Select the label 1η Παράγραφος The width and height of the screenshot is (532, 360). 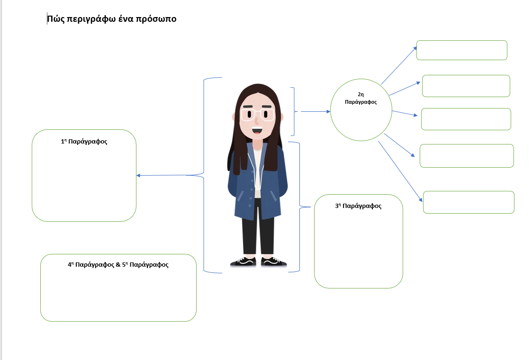pyautogui.click(x=84, y=141)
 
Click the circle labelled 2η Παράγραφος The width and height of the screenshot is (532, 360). pyautogui.click(x=361, y=110)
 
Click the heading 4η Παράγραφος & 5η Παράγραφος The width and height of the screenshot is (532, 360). pyautogui.click(x=118, y=265)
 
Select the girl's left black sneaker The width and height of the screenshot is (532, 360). pyautogui.click(x=243, y=261)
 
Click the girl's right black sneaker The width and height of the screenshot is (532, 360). pyautogui.click(x=274, y=261)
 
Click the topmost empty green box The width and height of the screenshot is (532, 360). pyautogui.click(x=461, y=50)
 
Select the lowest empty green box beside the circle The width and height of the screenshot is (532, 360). pyautogui.click(x=468, y=202)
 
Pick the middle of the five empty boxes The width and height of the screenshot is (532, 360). pyautogui.click(x=466, y=119)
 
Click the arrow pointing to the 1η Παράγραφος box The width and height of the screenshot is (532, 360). pyautogui.click(x=161, y=175)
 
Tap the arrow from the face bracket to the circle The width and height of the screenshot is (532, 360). pyautogui.click(x=316, y=112)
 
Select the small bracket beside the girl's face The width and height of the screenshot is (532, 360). pyautogui.click(x=294, y=111)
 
